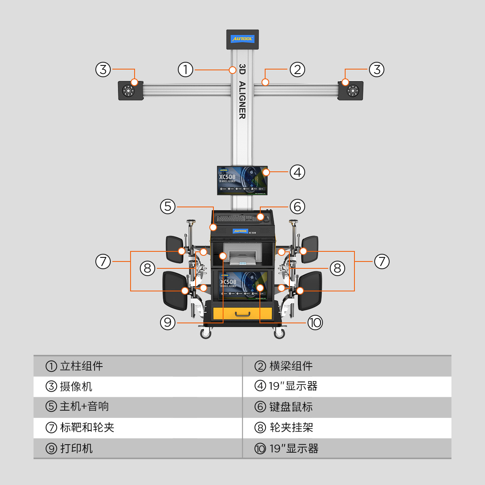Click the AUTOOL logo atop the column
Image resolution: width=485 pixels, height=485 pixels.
pyautogui.click(x=242, y=39)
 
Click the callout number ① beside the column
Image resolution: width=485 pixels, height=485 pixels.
pyautogui.click(x=186, y=70)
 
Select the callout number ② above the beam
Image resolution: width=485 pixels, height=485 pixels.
pyautogui.click(x=297, y=70)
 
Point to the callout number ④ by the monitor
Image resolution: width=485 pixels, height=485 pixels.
pyautogui.click(x=297, y=172)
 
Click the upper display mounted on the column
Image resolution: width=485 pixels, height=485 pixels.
pyautogui.click(x=242, y=180)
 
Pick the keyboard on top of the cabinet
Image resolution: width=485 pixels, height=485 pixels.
pyautogui.click(x=236, y=219)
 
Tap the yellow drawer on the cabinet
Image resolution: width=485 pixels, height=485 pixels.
pyautogui.click(x=242, y=314)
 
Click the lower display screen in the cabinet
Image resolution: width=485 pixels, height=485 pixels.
pyautogui.click(x=241, y=285)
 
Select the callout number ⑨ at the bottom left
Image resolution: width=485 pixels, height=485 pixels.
pyautogui.click(x=167, y=323)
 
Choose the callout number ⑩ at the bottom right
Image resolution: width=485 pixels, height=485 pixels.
pyautogui.click(x=315, y=323)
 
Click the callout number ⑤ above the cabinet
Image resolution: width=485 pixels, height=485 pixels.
pyautogui.click(x=168, y=207)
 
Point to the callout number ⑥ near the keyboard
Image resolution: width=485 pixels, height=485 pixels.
pyautogui.click(x=297, y=207)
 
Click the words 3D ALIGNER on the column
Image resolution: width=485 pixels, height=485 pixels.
pyautogui.click(x=242, y=91)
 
